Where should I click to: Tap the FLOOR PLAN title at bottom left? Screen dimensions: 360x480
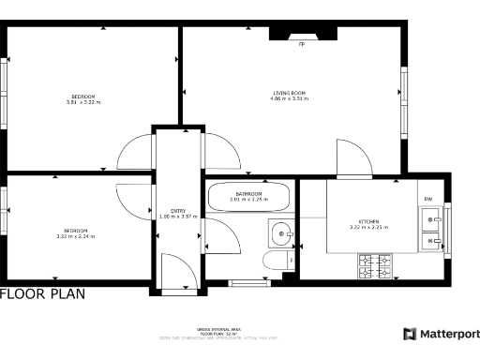click(x=42, y=293)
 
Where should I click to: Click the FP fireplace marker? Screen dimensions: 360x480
click(x=301, y=44)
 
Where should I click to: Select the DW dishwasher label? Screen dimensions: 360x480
click(x=427, y=199)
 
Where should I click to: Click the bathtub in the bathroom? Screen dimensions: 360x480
click(x=248, y=198)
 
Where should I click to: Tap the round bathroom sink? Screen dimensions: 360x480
click(x=279, y=231)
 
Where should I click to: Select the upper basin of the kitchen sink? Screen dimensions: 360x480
click(x=431, y=222)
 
